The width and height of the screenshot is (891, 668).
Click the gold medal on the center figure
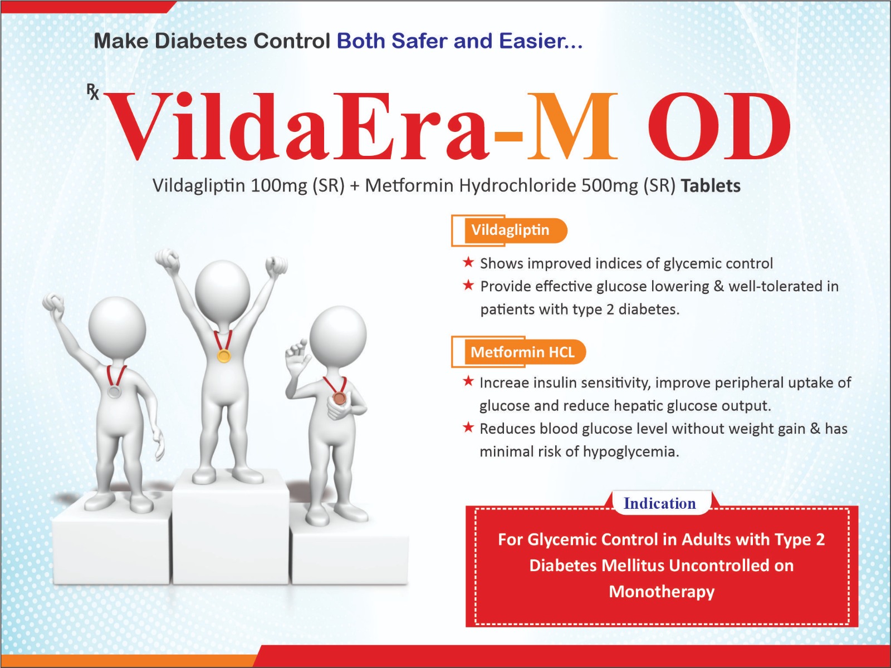pos(224,356)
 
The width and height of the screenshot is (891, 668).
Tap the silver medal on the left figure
pos(114,391)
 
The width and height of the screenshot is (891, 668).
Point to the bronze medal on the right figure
pos(339,398)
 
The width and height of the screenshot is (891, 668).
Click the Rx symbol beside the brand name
pos(93,92)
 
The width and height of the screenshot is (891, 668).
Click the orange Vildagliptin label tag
pos(510,230)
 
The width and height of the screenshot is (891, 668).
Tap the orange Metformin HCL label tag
pos(519,352)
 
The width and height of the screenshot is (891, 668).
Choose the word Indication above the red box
pos(660,503)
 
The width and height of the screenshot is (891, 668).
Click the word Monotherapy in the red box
pos(662,592)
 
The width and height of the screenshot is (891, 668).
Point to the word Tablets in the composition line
pos(711,186)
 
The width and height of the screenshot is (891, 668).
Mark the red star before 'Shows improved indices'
pos(468,262)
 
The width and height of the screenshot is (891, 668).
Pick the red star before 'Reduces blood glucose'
pos(468,427)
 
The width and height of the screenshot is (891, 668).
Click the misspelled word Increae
pos(504,383)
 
